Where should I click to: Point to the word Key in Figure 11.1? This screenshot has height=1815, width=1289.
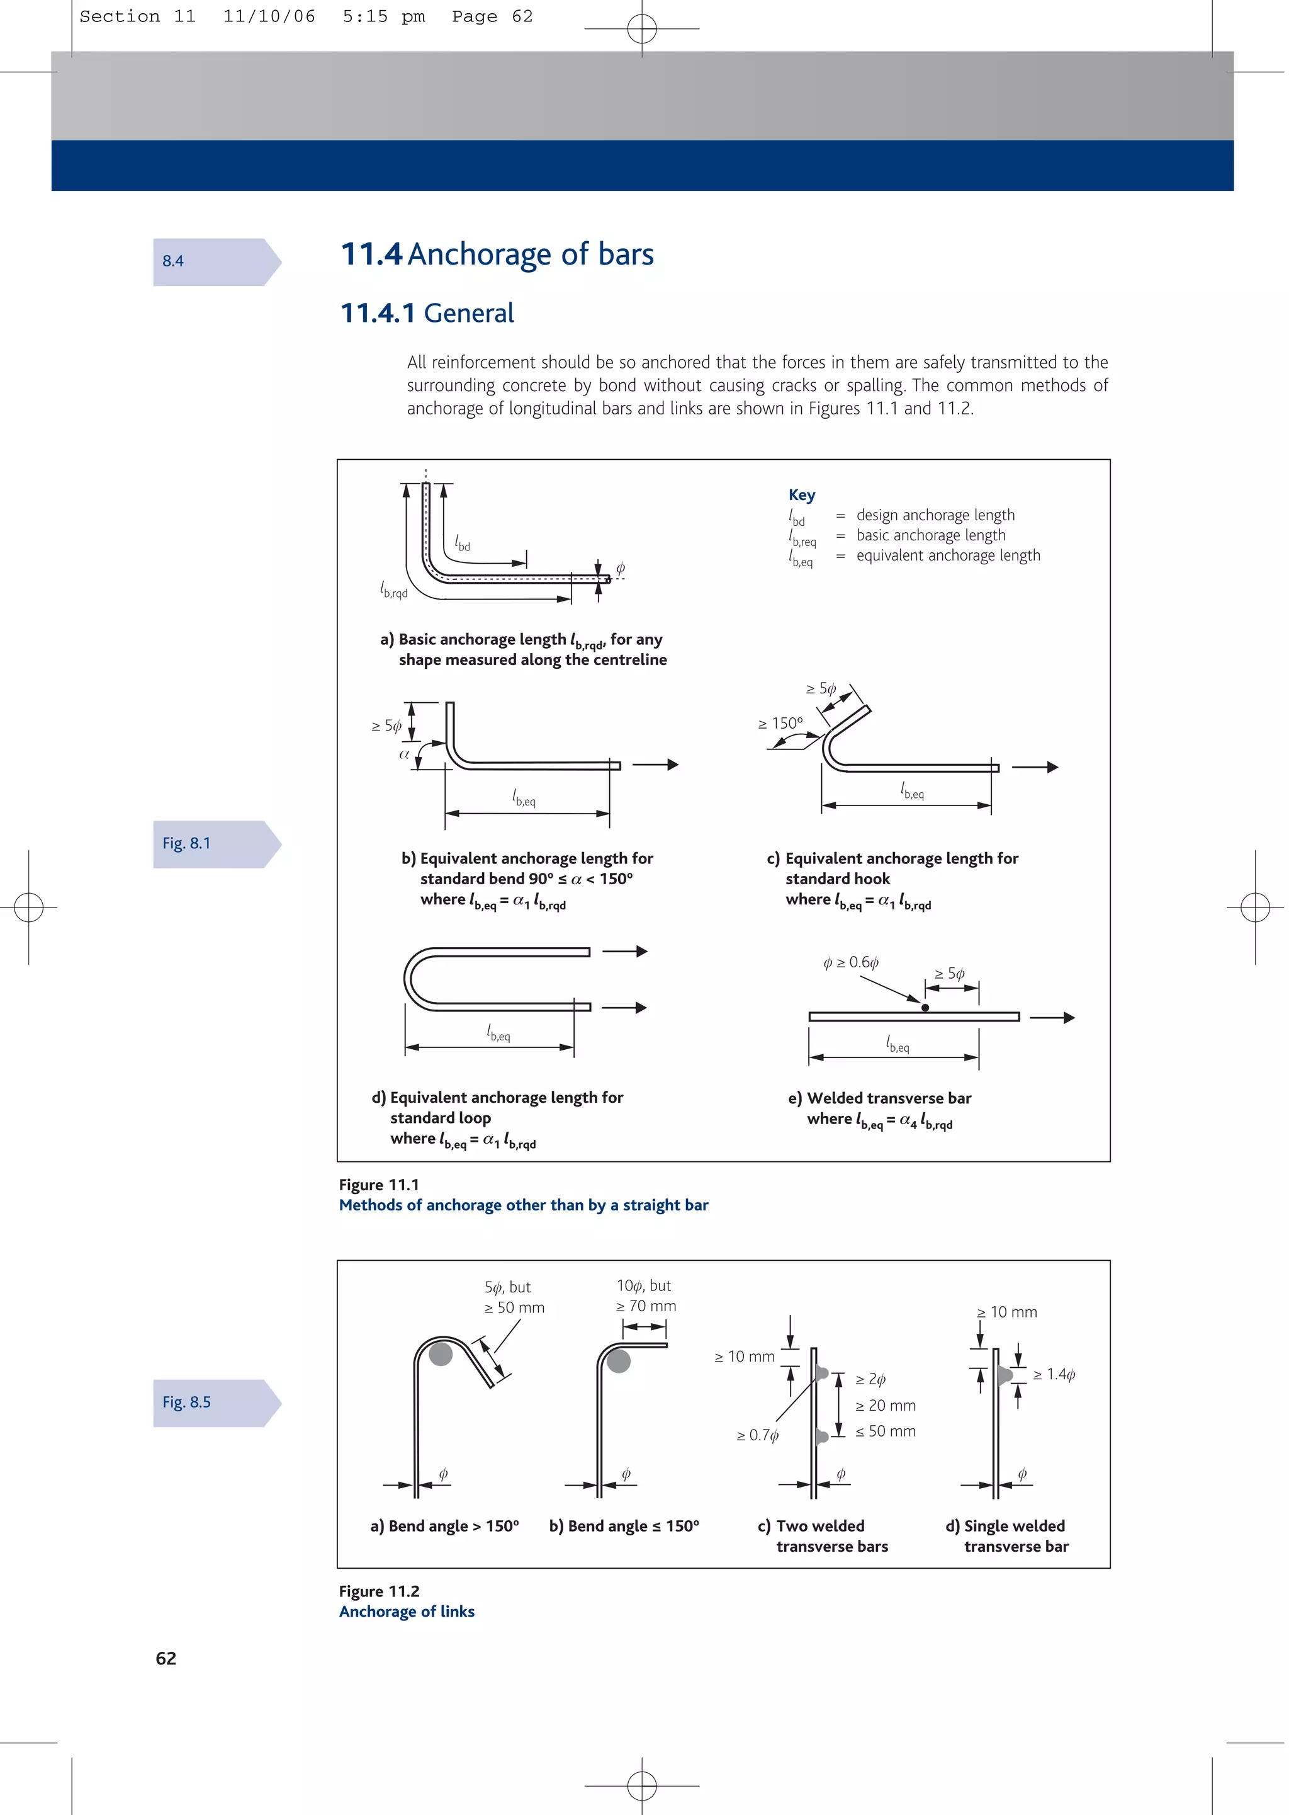click(802, 496)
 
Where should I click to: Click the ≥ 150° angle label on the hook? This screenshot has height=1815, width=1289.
click(780, 724)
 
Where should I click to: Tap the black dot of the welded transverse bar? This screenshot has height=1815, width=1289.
click(925, 1008)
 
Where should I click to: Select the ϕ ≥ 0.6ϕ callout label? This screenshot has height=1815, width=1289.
click(850, 962)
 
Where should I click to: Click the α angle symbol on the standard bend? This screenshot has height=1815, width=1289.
click(404, 754)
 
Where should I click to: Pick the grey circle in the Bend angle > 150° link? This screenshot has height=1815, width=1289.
click(441, 1354)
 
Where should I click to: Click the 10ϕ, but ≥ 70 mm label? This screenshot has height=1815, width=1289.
click(645, 1295)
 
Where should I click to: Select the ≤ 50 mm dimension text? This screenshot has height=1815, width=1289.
click(885, 1431)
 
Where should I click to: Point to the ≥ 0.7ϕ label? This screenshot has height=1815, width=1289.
click(757, 1435)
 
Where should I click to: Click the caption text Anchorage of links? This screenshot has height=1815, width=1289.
click(407, 1611)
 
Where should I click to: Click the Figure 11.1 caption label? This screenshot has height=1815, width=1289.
click(379, 1185)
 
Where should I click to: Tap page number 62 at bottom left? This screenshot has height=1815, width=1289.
click(166, 1658)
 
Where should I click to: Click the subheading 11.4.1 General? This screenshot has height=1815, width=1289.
click(427, 313)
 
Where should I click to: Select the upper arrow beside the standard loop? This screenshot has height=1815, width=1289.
click(626, 951)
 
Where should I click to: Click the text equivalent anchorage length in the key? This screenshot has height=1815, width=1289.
click(948, 556)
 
